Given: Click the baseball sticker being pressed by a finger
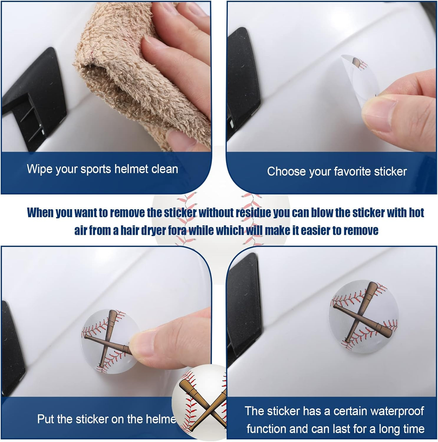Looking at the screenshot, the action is point(109,341).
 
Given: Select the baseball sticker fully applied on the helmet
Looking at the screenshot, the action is point(363,316).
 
